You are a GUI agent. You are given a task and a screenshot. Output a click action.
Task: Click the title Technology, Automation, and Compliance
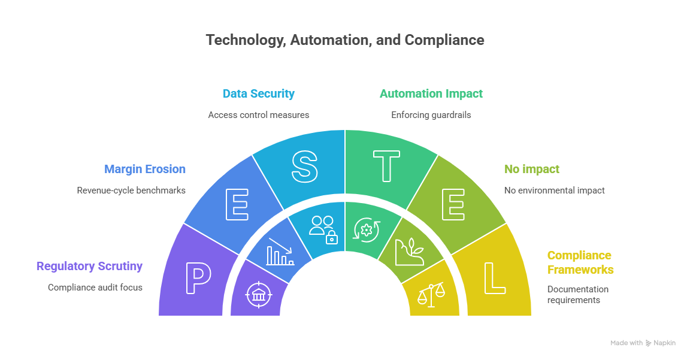coord(344,40)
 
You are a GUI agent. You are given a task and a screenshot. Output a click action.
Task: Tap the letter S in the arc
coord(304,167)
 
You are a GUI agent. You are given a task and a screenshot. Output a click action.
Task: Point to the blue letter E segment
coord(237,205)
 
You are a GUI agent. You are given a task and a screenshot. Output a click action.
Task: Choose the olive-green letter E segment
coord(453,205)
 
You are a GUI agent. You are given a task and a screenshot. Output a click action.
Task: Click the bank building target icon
coord(259,295)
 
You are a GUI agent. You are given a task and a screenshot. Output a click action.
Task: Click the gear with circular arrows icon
coord(367,229)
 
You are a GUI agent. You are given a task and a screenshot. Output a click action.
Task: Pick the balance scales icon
coord(431,294)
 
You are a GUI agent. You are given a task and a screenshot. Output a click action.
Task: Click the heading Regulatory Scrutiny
coord(89,267)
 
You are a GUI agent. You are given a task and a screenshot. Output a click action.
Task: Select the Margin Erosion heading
coord(145,169)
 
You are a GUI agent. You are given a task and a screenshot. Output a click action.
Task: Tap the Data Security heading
coord(258,93)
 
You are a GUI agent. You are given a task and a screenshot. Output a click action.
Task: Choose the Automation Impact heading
coord(431,93)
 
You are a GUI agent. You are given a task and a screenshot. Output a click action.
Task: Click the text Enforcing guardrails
coord(431,114)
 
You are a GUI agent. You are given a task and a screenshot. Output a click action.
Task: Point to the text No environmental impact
coord(555,190)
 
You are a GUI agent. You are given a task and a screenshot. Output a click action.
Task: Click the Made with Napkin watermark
coord(643,343)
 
